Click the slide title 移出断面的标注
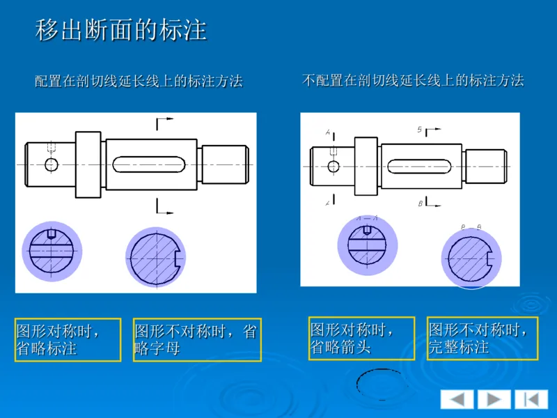tap(121, 31)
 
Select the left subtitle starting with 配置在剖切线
tap(139, 82)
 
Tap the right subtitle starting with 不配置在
tap(413, 80)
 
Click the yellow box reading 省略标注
tap(68, 339)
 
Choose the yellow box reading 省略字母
tap(197, 339)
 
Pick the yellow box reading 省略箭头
tap(361, 338)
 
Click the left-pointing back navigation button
tap(457, 399)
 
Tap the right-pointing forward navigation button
tap(494, 399)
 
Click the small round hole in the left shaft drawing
tap(51, 164)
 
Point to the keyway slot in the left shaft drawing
tap(151, 164)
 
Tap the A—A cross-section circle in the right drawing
tap(367, 245)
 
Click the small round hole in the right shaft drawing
tap(334, 167)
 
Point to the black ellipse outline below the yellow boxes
tap(379, 384)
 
